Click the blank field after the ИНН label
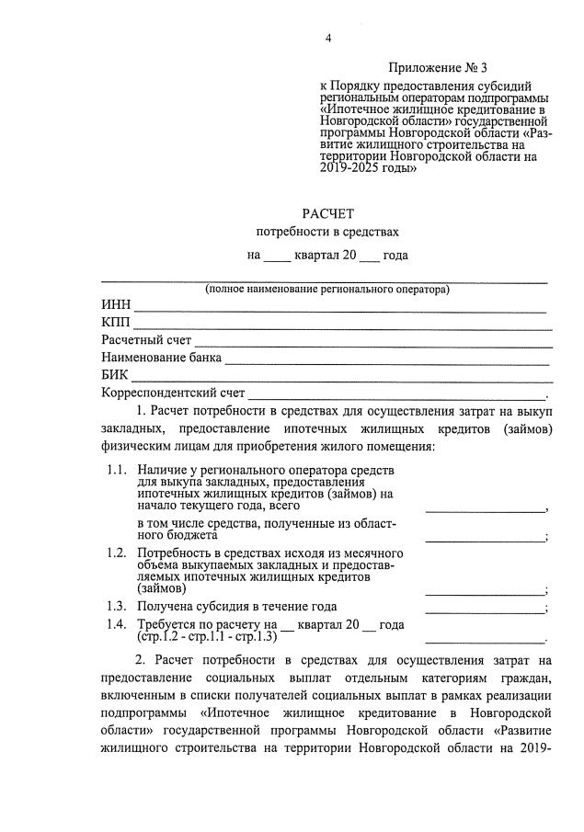click(340, 306)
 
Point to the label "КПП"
click(117, 324)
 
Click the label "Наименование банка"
click(162, 359)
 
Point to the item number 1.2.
click(116, 552)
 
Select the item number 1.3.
click(116, 606)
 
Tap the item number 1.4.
click(116, 624)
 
